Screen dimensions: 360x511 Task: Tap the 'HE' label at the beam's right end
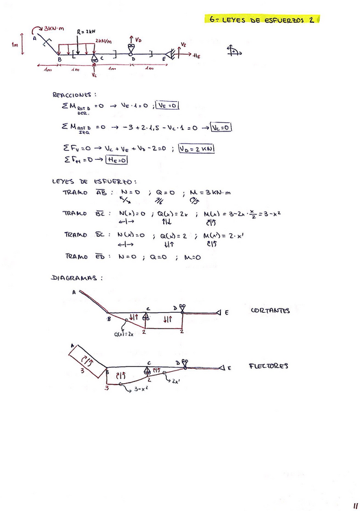(x=197, y=55)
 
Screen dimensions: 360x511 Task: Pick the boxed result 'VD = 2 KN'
(x=197, y=149)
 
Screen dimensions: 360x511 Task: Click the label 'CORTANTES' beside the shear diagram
(x=270, y=311)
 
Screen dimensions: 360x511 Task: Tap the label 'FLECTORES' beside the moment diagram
(x=268, y=366)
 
